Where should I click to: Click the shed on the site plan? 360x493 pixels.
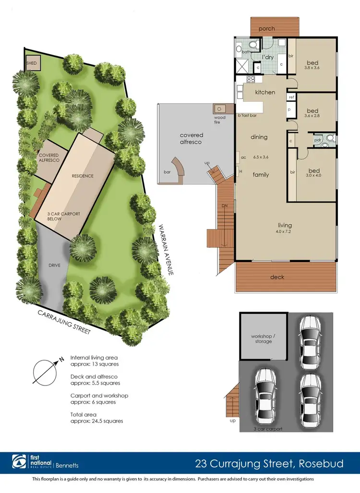[32, 63]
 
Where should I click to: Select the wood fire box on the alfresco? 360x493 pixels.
[221, 109]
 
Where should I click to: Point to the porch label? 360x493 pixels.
[267, 29]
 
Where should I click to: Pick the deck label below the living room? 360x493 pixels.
[277, 277]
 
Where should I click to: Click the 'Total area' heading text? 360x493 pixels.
[84, 414]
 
